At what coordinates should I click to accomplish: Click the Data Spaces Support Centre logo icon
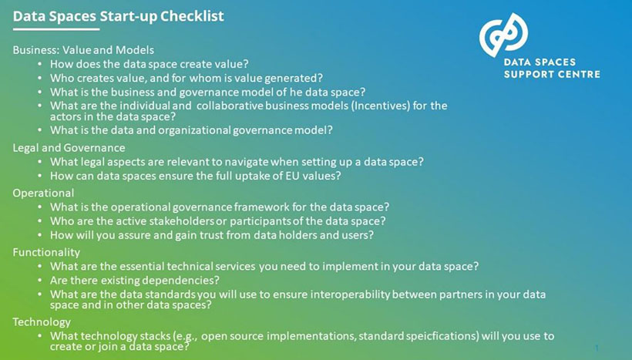click(503, 35)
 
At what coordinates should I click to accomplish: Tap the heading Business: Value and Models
click(83, 50)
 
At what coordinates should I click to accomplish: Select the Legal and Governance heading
click(69, 147)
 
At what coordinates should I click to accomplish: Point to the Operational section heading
click(43, 193)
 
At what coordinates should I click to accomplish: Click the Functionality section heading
click(46, 252)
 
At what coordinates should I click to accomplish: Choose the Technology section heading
click(42, 321)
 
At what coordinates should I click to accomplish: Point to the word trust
click(200, 234)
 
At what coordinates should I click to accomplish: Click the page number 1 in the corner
click(597, 348)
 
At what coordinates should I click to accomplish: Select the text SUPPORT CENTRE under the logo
click(551, 74)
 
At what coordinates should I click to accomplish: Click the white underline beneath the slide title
click(56, 29)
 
